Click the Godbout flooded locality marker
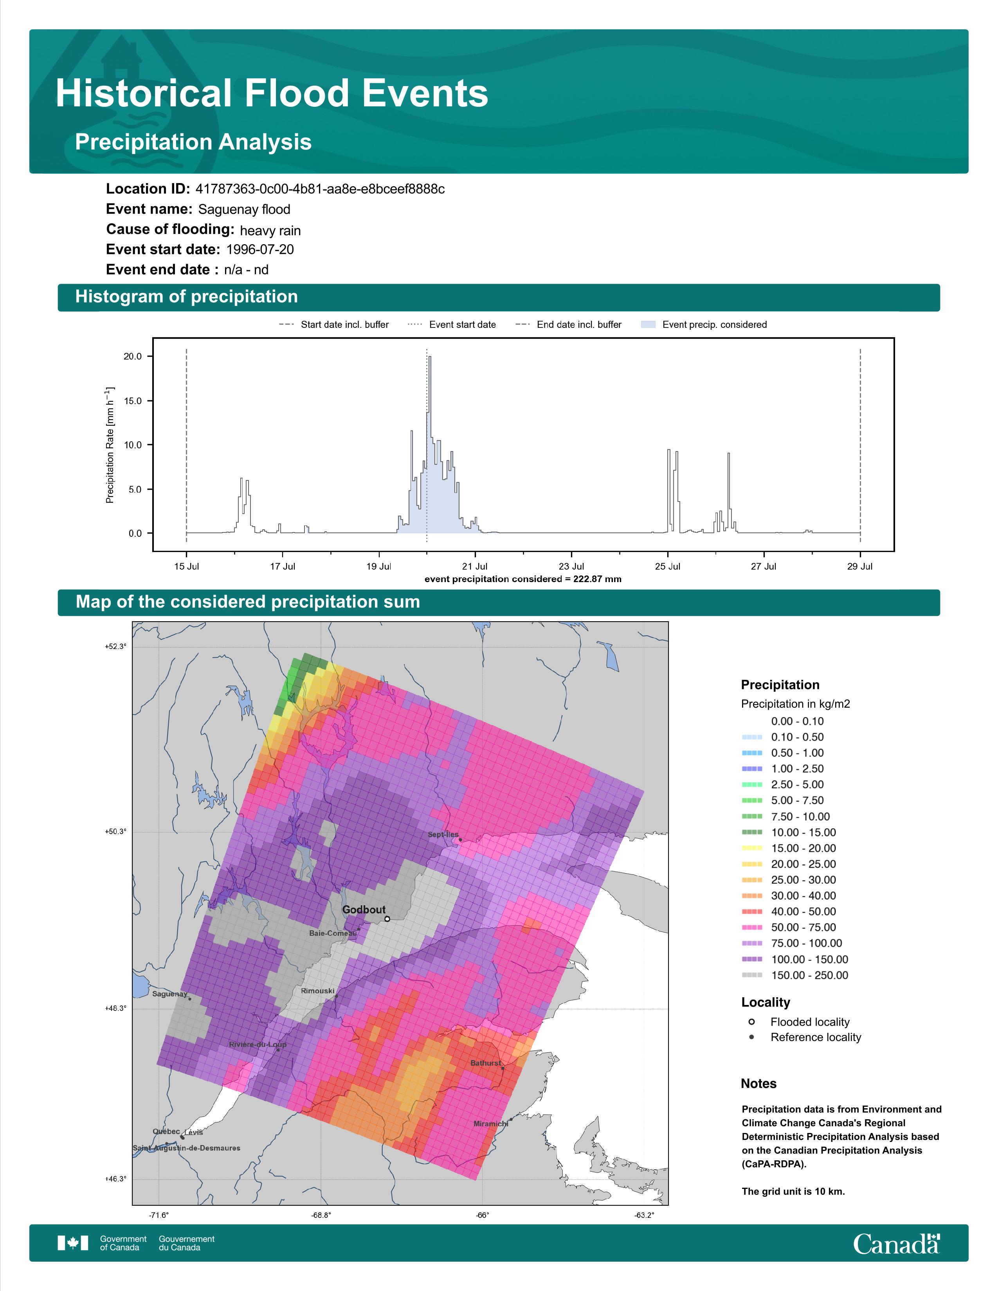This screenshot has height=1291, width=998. pyautogui.click(x=387, y=919)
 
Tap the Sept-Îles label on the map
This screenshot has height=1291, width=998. pyautogui.click(x=443, y=835)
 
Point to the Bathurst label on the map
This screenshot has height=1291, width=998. pyautogui.click(x=485, y=1063)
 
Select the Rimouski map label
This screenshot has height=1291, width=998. pyautogui.click(x=317, y=991)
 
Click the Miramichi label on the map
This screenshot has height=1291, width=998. pyautogui.click(x=491, y=1124)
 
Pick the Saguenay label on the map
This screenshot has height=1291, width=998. pyautogui.click(x=170, y=994)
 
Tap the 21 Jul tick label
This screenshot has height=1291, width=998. pyautogui.click(x=475, y=566)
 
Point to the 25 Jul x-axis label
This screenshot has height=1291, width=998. pyautogui.click(x=668, y=566)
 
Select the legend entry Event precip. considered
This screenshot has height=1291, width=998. pyautogui.click(x=714, y=325)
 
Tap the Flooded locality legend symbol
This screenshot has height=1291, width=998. pyautogui.click(x=751, y=1021)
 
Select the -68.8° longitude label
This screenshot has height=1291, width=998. pyautogui.click(x=321, y=1215)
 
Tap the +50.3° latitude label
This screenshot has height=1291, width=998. pyautogui.click(x=115, y=832)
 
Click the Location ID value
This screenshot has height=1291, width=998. pyautogui.click(x=320, y=189)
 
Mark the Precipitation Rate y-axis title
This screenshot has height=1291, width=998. pyautogui.click(x=110, y=445)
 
